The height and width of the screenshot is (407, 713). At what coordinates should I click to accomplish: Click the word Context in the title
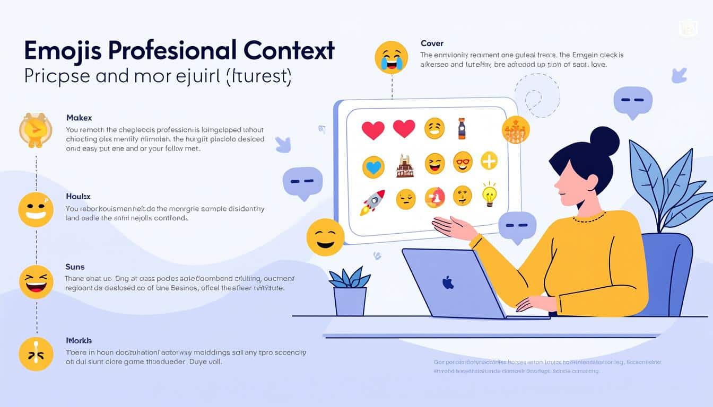pyautogui.click(x=289, y=50)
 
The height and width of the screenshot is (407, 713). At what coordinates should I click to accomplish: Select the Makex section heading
pyautogui.click(x=79, y=118)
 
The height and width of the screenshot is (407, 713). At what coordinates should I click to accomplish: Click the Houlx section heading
pyautogui.click(x=78, y=196)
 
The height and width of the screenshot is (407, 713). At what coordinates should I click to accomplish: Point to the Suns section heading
pyautogui.click(x=75, y=267)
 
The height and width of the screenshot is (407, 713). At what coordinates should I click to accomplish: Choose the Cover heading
pyautogui.click(x=432, y=43)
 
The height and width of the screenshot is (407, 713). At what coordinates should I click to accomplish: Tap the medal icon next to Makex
pyautogui.click(x=36, y=130)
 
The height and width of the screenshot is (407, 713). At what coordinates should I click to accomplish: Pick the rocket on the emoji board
pyautogui.click(x=373, y=202)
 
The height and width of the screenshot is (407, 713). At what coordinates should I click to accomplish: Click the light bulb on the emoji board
pyautogui.click(x=489, y=194)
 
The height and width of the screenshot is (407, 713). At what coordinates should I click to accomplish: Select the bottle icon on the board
pyautogui.click(x=462, y=129)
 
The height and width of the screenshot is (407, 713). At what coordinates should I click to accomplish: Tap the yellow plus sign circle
pyautogui.click(x=489, y=161)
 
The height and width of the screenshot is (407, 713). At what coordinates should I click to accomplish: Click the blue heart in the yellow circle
pyautogui.click(x=373, y=167)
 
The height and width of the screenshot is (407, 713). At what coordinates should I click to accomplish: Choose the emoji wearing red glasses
pyautogui.click(x=463, y=162)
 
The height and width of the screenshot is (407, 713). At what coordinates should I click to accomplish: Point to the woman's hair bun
pyautogui.click(x=604, y=141)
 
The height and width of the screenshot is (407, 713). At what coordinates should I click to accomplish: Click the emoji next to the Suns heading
pyautogui.click(x=36, y=281)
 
